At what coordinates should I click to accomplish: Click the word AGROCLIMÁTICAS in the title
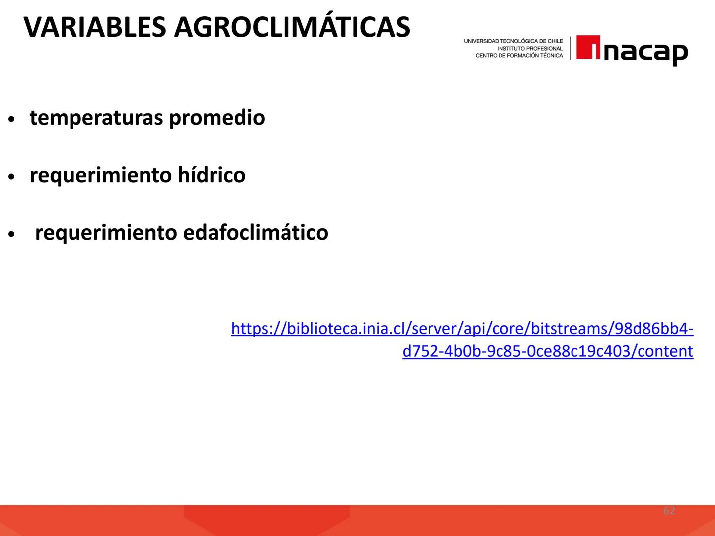[x=292, y=27]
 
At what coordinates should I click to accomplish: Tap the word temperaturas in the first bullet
[x=97, y=118]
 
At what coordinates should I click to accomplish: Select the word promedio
[x=216, y=118]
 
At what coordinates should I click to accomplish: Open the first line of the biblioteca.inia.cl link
[x=462, y=329]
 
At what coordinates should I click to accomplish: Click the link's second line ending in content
[x=548, y=351]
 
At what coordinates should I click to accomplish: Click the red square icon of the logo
[x=588, y=48]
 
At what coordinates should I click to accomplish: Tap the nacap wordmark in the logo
[x=645, y=51]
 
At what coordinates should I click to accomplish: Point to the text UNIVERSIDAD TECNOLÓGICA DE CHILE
[x=513, y=41]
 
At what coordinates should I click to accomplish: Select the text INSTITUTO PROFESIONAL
[x=530, y=49]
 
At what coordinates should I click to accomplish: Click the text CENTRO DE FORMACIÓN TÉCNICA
[x=519, y=56]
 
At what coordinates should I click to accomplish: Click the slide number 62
[x=669, y=511]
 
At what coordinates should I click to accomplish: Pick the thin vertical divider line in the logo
[x=570, y=48]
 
